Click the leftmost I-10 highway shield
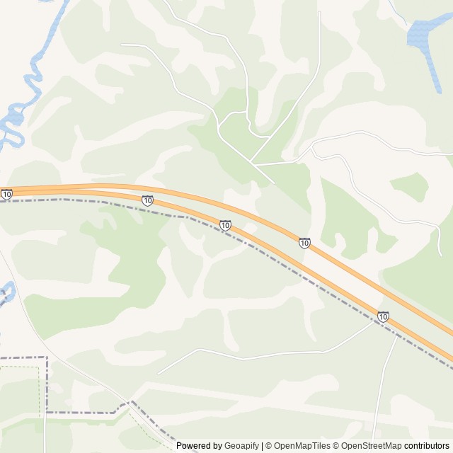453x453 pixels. coord(6,194)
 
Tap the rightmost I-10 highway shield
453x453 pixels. coord(383,316)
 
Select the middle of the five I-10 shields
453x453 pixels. coord(225,225)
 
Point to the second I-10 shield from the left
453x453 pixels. coord(147,201)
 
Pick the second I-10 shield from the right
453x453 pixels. coord(304,243)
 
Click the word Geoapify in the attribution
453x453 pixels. coord(241,446)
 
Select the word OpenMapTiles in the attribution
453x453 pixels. coord(302,446)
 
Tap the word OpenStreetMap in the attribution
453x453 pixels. coord(372,446)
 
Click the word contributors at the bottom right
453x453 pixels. coord(427,446)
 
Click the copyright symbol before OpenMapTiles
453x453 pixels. coord(270,446)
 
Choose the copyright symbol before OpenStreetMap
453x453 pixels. coord(337,446)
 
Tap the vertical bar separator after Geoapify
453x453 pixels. coord(262,446)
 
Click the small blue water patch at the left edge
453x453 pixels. coord(6,292)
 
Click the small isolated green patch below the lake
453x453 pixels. coord(411,185)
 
